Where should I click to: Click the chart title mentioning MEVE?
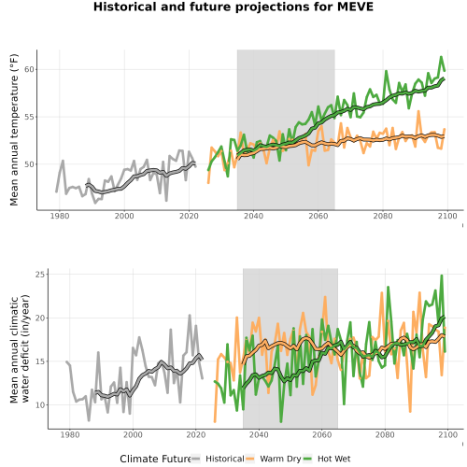click(233, 7)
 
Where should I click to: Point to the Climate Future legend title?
click(155, 459)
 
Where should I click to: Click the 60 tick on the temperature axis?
click(29, 69)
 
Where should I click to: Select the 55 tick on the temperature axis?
click(29, 117)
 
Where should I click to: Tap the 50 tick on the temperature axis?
click(29, 164)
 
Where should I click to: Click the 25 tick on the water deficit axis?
click(40, 275)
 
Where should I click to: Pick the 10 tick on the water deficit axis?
click(40, 404)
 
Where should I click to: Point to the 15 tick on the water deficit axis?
click(40, 361)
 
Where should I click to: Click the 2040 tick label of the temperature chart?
click(253, 216)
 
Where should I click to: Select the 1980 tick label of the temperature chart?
click(60, 216)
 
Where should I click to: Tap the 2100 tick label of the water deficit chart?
click(447, 434)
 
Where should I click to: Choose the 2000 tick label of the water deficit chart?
click(133, 434)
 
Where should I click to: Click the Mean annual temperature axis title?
click(14, 130)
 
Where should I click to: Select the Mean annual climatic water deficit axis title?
click(20, 348)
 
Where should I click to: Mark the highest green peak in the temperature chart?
click(441, 57)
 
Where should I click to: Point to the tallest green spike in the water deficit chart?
click(442, 276)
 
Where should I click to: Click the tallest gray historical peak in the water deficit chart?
click(190, 316)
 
